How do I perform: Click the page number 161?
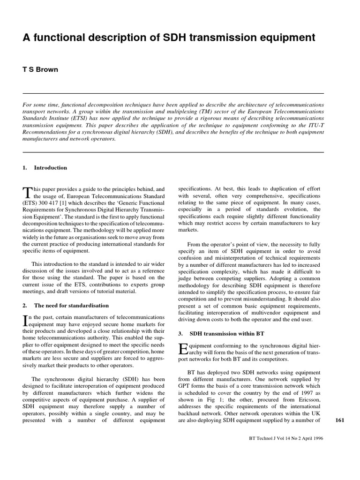[x=340, y=420]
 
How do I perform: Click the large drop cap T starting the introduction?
[x=26, y=192]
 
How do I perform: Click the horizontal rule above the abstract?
[x=173, y=93]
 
